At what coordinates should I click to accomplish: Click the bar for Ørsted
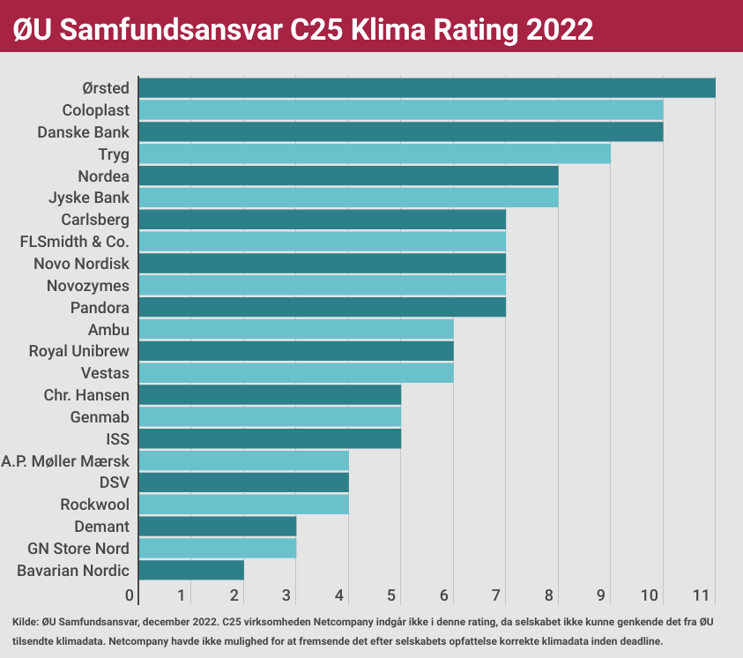point(427,88)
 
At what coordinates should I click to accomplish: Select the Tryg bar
point(375,154)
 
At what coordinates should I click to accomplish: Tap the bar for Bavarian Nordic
point(191,570)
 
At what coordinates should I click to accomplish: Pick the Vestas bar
point(296,373)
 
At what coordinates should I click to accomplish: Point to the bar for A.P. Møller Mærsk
point(243,460)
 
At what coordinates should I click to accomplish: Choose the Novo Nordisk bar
point(322,264)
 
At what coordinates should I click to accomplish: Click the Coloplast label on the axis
point(96,110)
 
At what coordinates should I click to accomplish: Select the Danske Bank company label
point(83,132)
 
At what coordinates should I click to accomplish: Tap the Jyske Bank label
point(89,198)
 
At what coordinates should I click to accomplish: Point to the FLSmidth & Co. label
point(74,242)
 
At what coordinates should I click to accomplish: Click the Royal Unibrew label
point(79,351)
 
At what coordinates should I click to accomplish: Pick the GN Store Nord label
point(78,548)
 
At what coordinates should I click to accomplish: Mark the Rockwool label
point(94,505)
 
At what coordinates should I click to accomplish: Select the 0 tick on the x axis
point(130,594)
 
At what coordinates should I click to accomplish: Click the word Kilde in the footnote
point(26,623)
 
